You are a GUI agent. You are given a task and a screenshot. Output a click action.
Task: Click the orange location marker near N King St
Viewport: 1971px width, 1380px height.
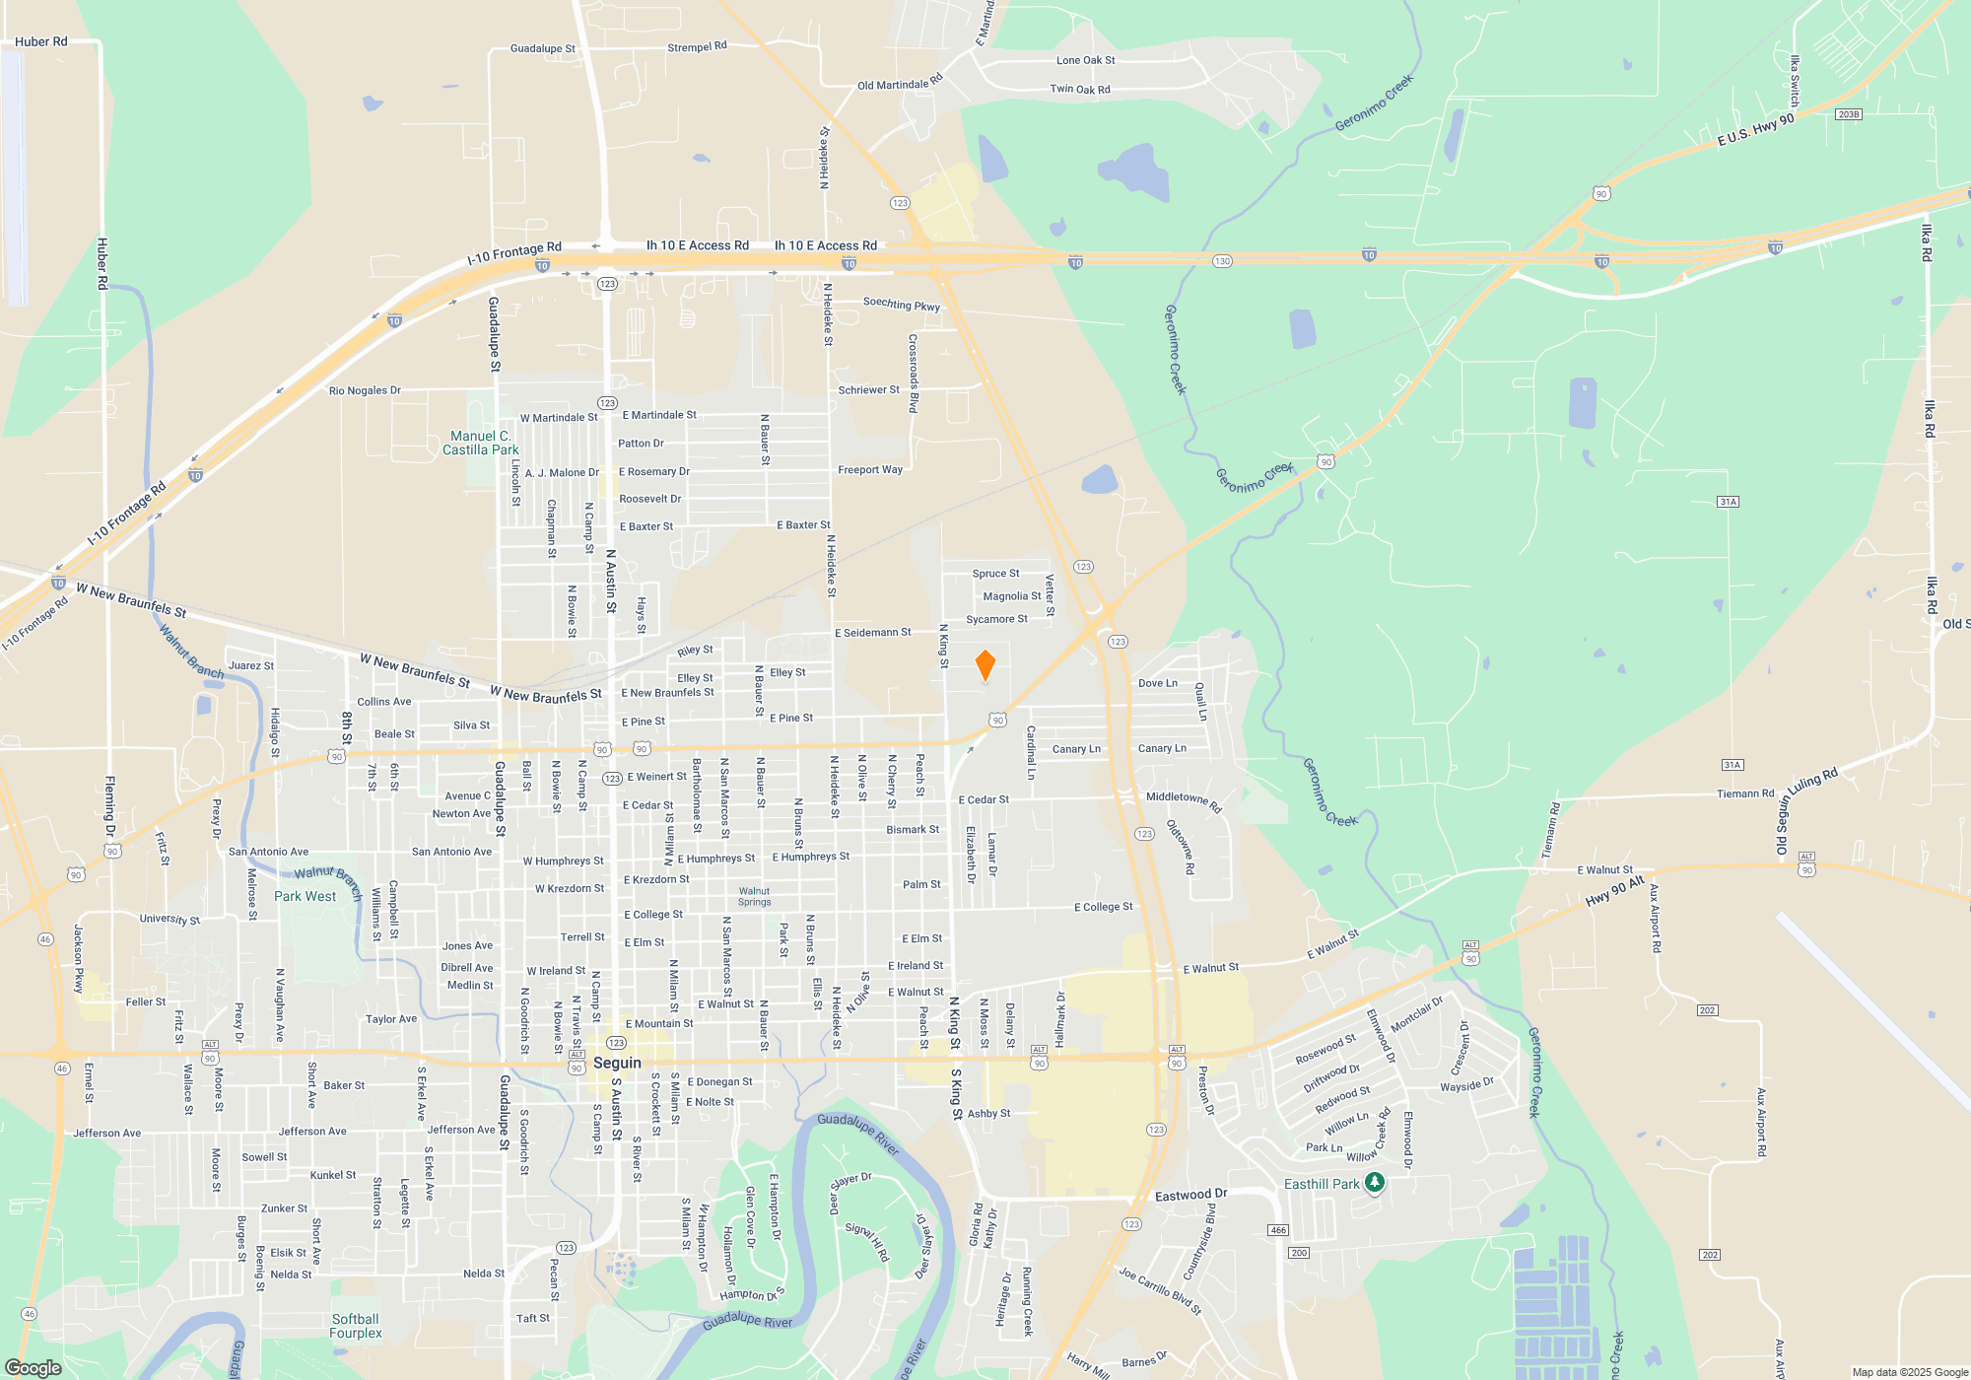985,665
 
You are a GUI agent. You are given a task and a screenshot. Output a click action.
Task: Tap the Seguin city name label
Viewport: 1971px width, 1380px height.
618,1063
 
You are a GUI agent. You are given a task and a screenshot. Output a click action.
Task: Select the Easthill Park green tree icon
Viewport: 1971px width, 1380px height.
1375,1183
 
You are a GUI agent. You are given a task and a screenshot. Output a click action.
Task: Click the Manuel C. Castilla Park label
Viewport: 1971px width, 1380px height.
480,443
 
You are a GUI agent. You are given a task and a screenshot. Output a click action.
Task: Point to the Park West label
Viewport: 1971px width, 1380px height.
305,896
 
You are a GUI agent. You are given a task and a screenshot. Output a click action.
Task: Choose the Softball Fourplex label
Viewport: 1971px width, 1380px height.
356,1326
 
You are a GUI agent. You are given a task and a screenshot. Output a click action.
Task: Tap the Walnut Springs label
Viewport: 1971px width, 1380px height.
755,896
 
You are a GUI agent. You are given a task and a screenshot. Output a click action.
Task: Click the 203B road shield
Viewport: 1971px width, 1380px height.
1848,114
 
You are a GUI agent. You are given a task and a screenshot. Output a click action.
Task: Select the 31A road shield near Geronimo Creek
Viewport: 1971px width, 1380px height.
1728,502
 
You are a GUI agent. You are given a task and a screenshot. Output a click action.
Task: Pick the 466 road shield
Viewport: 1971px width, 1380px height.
1278,1229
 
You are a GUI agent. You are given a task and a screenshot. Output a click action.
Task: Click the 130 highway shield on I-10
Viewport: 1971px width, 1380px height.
1222,261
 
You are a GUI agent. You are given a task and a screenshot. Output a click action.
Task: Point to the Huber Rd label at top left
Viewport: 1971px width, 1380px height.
41,41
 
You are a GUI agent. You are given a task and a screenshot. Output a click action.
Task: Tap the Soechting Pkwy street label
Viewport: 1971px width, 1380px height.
902,305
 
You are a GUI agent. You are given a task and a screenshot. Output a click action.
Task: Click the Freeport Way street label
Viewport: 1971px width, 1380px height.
870,470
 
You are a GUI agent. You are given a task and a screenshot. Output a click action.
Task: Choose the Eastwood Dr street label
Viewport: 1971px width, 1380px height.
1190,1195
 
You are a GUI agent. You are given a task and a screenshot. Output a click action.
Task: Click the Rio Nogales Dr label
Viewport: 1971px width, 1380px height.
365,390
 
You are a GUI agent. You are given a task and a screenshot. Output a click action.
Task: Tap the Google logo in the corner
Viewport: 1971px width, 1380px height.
34,1367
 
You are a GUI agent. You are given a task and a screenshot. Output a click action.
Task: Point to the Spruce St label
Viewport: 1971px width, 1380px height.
995,574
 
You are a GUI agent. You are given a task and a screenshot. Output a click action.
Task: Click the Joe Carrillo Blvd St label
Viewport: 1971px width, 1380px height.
1160,1291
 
